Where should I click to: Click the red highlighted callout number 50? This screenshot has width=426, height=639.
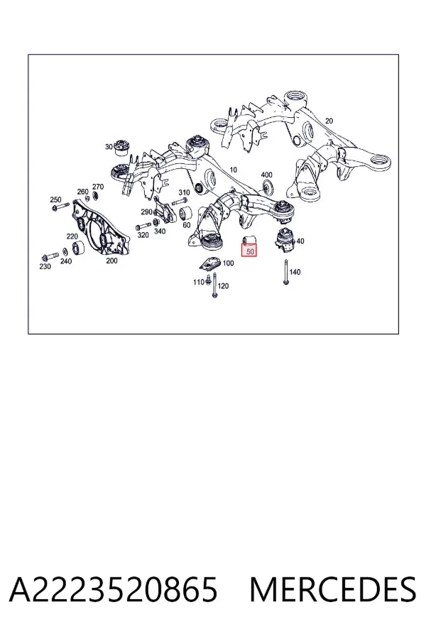pos(249,251)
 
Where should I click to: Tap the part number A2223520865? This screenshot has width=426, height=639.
pos(113,590)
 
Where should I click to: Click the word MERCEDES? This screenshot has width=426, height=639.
pos(333,590)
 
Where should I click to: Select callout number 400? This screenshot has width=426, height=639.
pos(266,175)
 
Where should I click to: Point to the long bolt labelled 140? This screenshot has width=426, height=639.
pos(286,271)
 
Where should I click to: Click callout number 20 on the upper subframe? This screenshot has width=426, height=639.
pos(329,121)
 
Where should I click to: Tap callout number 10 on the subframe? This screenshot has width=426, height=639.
pos(233,170)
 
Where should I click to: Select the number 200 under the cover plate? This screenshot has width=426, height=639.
pos(111,261)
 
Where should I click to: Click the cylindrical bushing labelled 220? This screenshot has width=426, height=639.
pos(78,247)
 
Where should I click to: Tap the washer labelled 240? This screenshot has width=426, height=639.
pos(65,253)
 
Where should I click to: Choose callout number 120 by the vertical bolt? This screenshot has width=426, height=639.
pos(223,286)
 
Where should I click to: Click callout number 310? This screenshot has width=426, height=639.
pos(184,192)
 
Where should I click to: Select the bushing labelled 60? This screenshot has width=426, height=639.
pos(186,214)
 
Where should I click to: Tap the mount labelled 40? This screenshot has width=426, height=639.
pos(285,241)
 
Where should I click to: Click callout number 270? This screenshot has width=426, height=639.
pos(98,187)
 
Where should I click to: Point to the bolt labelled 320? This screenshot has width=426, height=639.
pos(143,226)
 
